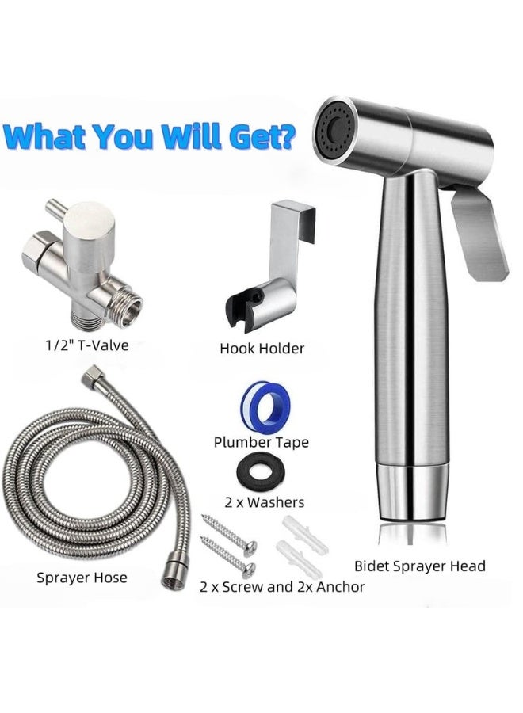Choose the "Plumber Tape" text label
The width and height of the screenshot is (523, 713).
tap(261, 442)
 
